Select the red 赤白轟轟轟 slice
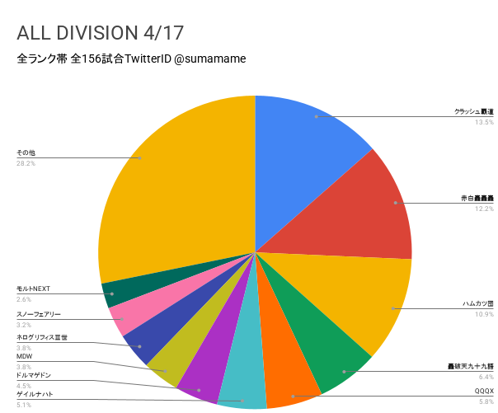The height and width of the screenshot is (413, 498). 371,206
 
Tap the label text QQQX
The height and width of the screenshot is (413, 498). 483,390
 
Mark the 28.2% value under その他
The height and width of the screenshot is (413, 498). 26,163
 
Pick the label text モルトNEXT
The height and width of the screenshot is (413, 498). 34,289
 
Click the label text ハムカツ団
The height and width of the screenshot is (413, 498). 477,303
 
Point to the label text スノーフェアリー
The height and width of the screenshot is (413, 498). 39,314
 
